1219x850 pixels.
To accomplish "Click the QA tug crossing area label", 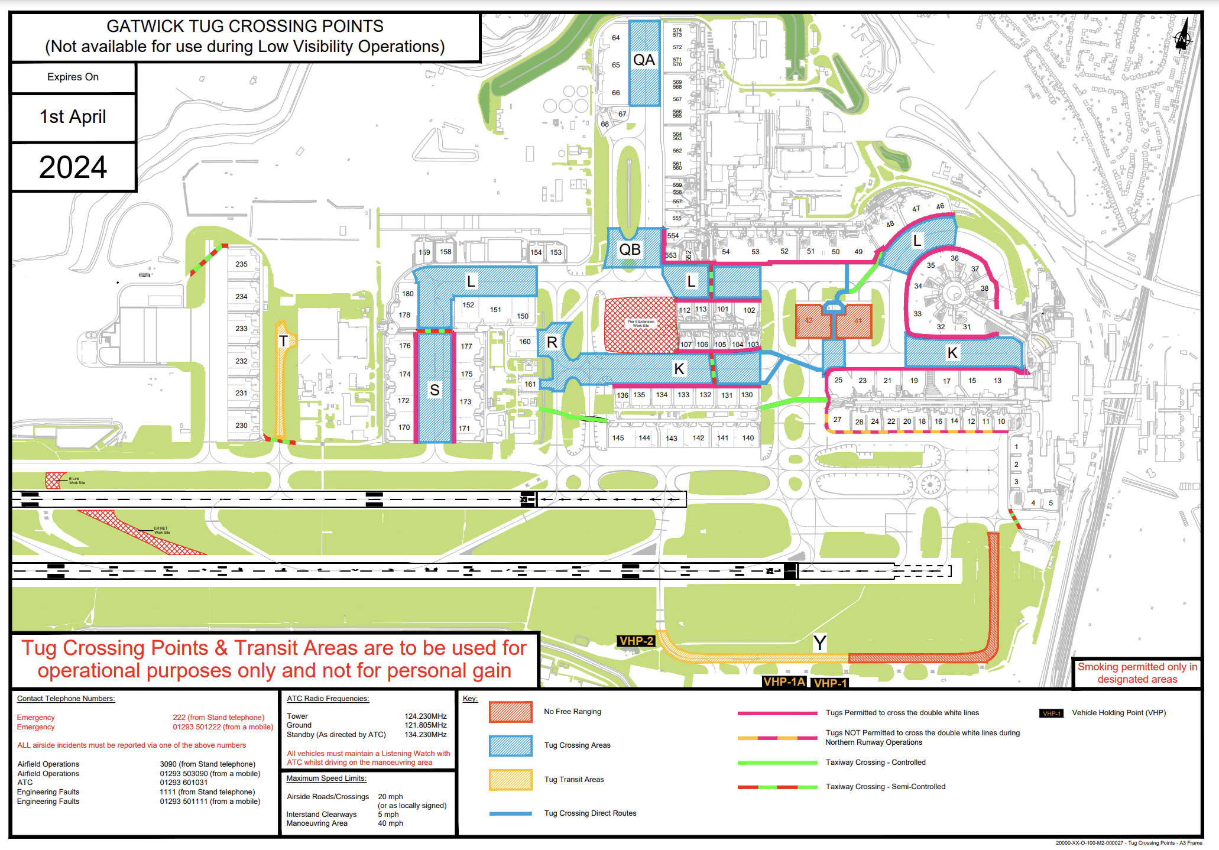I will [644, 60].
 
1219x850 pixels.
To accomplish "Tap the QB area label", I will [630, 249].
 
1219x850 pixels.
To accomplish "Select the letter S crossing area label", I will [435, 390].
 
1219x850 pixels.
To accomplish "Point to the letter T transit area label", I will [283, 341].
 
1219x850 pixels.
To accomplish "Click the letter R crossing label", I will [552, 342].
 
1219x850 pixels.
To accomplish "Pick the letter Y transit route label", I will [819, 643].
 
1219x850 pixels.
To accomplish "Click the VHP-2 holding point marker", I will [636, 641].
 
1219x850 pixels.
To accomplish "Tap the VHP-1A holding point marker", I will [784, 682].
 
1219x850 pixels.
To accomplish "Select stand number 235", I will [241, 264].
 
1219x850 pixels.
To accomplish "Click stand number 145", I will [618, 438].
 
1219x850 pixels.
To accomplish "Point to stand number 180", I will [408, 294].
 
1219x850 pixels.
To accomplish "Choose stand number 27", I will [837, 420].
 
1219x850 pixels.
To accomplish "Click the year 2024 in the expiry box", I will [73, 167].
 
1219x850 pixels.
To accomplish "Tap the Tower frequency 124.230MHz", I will [425, 716].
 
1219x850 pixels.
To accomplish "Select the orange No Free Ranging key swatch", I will [510, 712].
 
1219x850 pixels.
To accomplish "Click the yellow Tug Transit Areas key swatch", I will [510, 780].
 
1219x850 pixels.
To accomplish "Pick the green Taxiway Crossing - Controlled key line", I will [777, 763].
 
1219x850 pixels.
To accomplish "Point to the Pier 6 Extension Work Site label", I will [641, 324].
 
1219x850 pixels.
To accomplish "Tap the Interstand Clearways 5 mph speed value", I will [388, 814].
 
